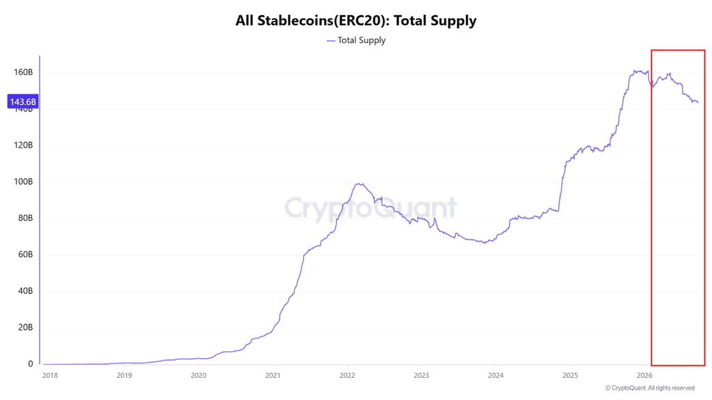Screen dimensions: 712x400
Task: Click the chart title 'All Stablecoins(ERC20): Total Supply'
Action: [x=356, y=20]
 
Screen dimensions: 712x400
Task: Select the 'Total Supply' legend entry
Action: [x=356, y=40]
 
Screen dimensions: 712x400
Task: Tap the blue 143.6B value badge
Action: [x=23, y=101]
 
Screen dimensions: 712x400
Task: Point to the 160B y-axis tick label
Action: [x=23, y=72]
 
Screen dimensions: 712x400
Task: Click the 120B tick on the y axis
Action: [x=23, y=145]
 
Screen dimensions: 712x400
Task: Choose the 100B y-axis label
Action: [x=23, y=181]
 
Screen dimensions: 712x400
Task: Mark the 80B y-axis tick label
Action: [x=26, y=217]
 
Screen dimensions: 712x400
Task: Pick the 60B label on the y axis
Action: [x=26, y=254]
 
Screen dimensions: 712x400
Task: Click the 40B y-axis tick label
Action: [x=26, y=291]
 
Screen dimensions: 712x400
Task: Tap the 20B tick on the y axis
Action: [x=26, y=328]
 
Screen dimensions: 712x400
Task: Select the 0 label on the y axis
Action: [x=31, y=364]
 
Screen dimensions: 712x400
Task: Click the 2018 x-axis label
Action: [x=50, y=376]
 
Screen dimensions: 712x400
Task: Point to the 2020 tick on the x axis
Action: [x=198, y=376]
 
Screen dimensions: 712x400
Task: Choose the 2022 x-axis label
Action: [x=347, y=376]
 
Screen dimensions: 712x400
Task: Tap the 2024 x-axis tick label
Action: [x=495, y=376]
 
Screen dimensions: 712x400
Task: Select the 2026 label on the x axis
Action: [x=645, y=376]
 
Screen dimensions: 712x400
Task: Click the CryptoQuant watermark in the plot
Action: [x=371, y=208]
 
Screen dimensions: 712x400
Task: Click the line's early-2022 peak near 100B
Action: [x=359, y=183]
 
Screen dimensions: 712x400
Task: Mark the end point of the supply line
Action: [x=698, y=103]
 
